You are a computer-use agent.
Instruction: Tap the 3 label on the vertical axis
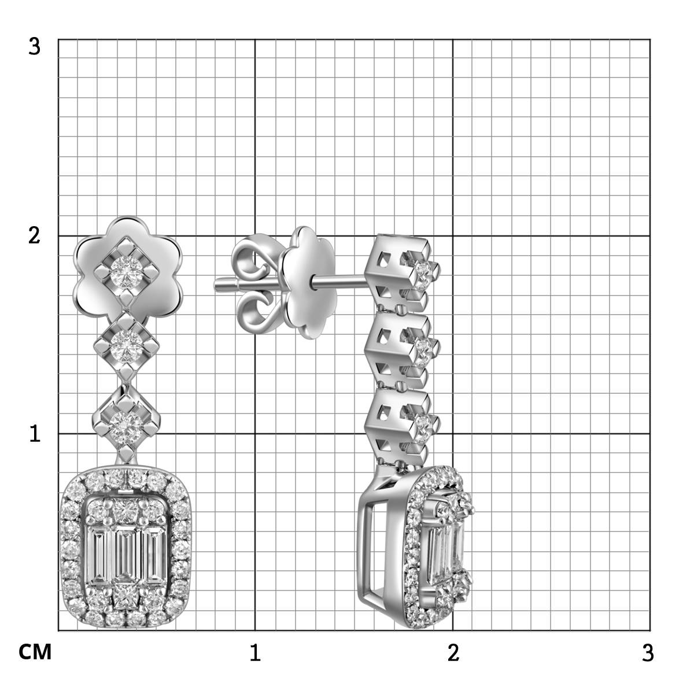(34, 47)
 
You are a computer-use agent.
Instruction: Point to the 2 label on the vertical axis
(34, 236)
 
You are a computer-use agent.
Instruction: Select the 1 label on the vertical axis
(35, 433)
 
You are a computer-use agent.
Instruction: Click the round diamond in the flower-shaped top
(124, 272)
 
